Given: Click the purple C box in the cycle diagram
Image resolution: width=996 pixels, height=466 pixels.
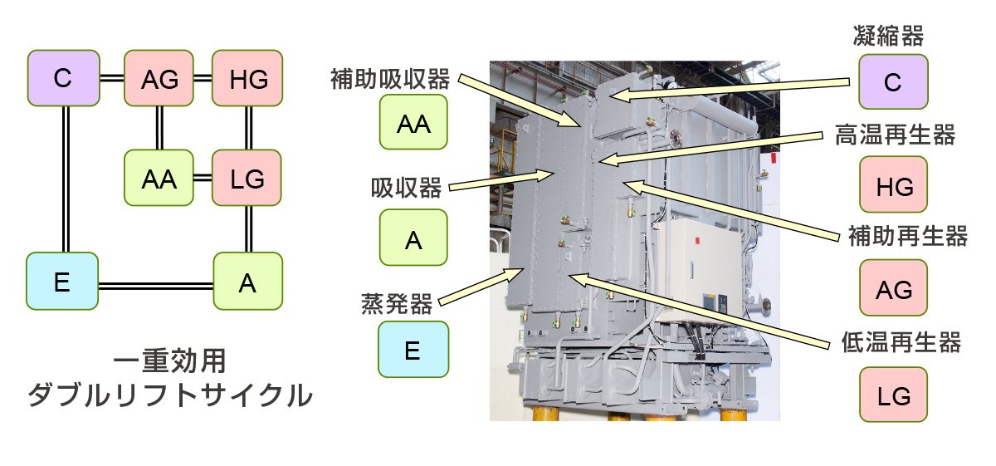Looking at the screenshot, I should click(62, 78).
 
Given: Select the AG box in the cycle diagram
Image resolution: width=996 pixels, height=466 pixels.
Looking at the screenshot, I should click(159, 78).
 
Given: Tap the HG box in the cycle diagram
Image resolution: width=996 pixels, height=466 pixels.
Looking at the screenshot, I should click(247, 78).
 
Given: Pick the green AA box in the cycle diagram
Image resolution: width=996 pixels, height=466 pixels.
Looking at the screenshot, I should click(159, 178).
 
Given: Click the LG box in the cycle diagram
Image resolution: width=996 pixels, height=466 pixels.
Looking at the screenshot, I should click(247, 178).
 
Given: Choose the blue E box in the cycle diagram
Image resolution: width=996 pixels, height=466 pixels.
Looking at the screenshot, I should click(62, 283).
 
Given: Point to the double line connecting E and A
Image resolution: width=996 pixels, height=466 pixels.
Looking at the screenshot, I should click(155, 284).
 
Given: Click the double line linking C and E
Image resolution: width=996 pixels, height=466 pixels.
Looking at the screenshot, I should click(64, 179).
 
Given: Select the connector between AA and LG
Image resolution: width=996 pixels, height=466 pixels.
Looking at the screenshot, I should click(203, 178).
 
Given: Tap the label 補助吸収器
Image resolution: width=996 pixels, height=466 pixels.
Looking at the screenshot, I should click(389, 81).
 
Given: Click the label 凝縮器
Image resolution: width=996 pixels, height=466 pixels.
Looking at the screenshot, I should click(888, 36).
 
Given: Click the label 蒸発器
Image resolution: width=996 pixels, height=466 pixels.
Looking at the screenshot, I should click(397, 304).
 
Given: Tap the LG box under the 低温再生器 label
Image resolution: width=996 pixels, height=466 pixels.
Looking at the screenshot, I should click(893, 390).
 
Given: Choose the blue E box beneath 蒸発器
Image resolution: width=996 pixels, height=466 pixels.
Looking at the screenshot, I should click(413, 350).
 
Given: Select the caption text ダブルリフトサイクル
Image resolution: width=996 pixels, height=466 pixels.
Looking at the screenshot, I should click(170, 395).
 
